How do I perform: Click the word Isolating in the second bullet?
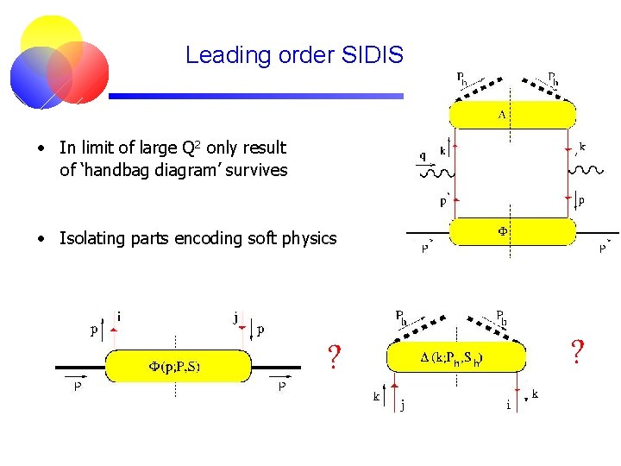coord(90,238)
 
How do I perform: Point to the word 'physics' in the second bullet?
coord(306,238)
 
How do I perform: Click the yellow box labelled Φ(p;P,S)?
coord(178,365)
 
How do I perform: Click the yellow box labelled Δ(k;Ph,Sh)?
coord(455,356)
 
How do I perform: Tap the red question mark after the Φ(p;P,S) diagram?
coord(335,356)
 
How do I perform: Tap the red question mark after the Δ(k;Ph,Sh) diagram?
coord(578,351)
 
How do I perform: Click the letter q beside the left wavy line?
coord(422,156)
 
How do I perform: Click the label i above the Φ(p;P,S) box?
coord(118,316)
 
